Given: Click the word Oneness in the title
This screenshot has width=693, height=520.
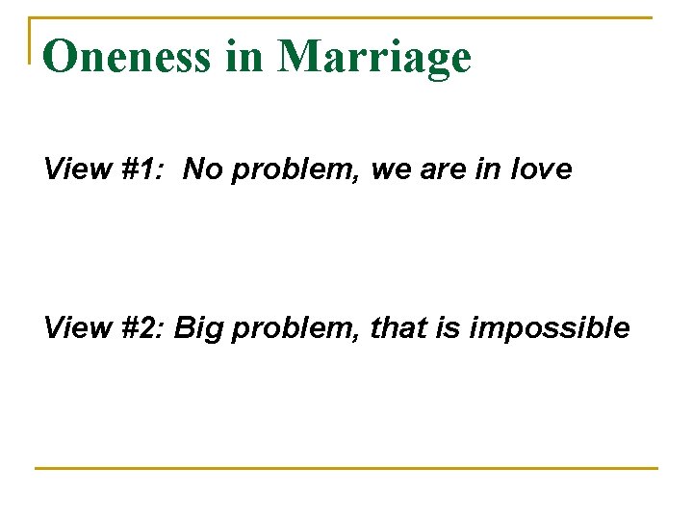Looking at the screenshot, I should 126,57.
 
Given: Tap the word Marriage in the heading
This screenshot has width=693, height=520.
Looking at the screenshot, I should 374,59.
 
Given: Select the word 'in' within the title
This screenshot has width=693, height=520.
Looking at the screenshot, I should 244,57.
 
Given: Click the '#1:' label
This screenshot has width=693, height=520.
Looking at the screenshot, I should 141,170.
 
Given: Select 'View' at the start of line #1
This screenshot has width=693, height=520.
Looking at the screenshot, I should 74,170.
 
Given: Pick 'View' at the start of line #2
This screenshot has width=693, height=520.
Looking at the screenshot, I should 74,328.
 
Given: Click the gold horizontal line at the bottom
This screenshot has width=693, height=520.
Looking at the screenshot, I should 346,469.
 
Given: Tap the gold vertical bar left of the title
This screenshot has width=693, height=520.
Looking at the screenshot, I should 33,40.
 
